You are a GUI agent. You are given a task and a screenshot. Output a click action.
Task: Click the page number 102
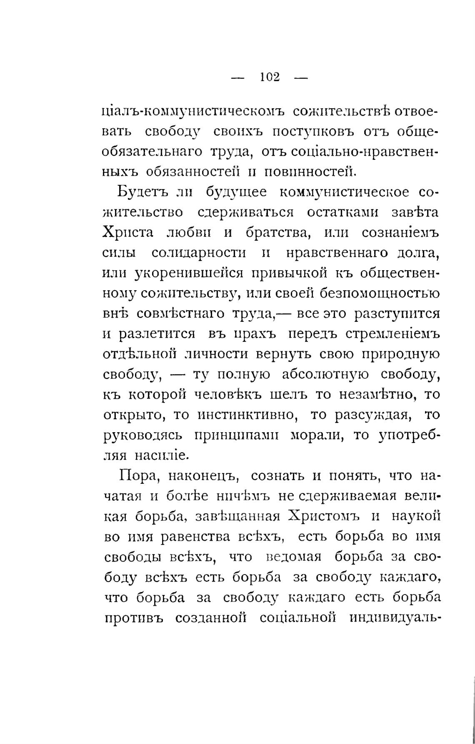click(270, 77)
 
